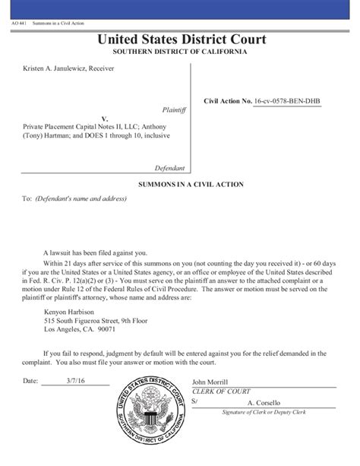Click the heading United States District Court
coord(180,40)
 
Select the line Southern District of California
coord(180,51)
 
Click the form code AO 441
coord(18,23)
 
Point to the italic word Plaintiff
coord(174,109)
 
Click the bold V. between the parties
coord(106,119)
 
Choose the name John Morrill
coord(210,382)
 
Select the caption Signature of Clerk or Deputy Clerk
coord(263,411)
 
